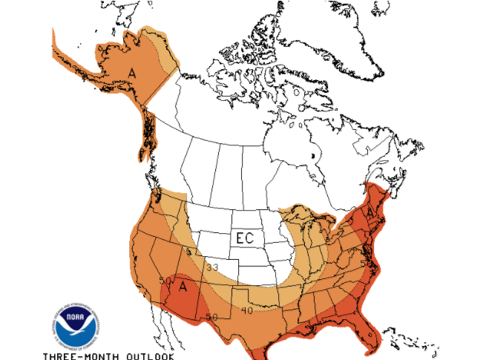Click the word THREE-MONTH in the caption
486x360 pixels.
(79, 353)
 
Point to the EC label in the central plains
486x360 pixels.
(246, 238)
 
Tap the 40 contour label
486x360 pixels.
(246, 310)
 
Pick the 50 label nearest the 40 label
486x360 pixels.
(211, 317)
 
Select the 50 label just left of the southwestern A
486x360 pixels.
(165, 281)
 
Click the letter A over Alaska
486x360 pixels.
(131, 73)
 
